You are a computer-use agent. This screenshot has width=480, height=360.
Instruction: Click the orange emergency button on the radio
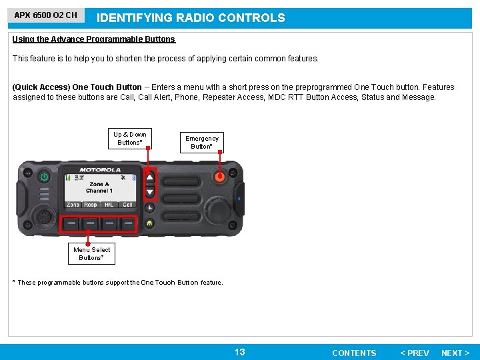[x=219, y=177]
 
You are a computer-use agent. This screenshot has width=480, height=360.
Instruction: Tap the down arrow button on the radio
[x=150, y=192]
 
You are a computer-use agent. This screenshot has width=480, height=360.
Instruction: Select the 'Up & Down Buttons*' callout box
[x=129, y=138]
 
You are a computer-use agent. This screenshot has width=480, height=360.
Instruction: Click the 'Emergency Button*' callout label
[x=201, y=142]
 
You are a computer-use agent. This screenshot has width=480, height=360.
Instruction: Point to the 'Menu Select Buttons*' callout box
[x=91, y=253]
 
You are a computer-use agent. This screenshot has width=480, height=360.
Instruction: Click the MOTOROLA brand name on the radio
[x=100, y=169]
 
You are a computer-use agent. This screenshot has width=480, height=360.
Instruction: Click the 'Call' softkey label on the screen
[x=127, y=205]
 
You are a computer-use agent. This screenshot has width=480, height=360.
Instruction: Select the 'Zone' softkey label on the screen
[x=73, y=205]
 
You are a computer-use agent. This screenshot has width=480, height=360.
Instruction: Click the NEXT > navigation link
[x=455, y=353]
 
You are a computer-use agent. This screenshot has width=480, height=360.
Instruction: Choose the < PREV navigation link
[x=414, y=353]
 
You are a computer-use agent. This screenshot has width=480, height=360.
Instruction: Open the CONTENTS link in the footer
[x=354, y=353]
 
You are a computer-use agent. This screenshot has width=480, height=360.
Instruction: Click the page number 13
[x=240, y=352]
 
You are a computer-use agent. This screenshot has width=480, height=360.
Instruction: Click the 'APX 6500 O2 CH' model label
[x=46, y=15]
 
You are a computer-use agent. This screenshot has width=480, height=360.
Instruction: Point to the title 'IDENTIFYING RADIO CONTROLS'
[x=191, y=18]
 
